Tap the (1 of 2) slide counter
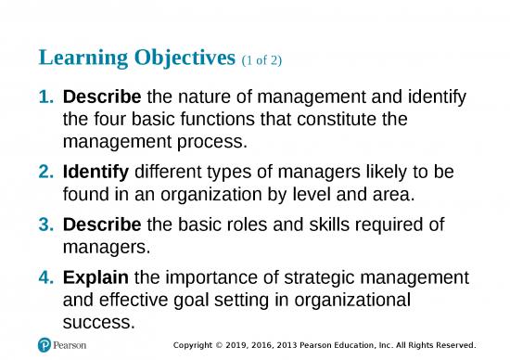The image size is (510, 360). pyautogui.click(x=263, y=61)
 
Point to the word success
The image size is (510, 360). pyautogui.click(x=98, y=323)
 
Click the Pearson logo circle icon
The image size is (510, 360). pyautogui.click(x=44, y=344)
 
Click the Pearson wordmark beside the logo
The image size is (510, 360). pyautogui.click(x=72, y=344)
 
